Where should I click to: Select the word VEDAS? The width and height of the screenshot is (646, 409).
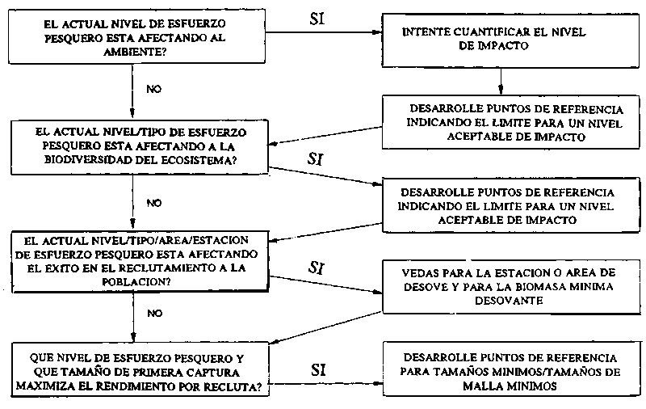pyautogui.click(x=418, y=272)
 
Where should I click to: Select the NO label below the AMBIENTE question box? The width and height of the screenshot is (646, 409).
pyautogui.click(x=154, y=86)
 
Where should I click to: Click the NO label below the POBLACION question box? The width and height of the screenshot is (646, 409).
pyautogui.click(x=154, y=312)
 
